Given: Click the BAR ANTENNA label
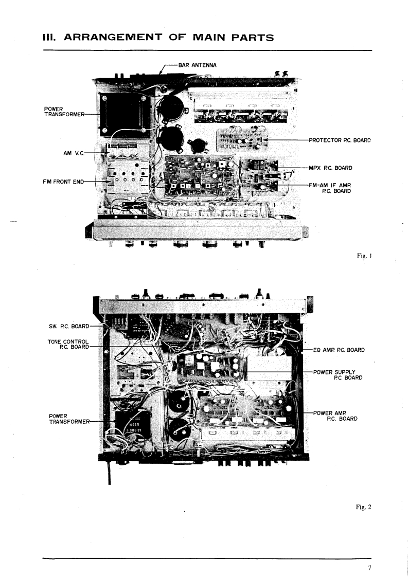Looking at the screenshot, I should (x=197, y=65).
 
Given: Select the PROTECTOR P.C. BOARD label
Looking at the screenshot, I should (x=340, y=139).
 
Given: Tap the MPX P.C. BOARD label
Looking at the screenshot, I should (x=331, y=167).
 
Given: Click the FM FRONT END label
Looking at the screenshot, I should (x=64, y=181).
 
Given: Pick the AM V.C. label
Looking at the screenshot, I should (x=73, y=153).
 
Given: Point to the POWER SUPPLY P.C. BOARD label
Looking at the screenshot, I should (x=337, y=374).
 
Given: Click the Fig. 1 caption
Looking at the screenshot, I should (x=363, y=256).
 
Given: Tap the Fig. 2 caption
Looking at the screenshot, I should (x=363, y=507).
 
